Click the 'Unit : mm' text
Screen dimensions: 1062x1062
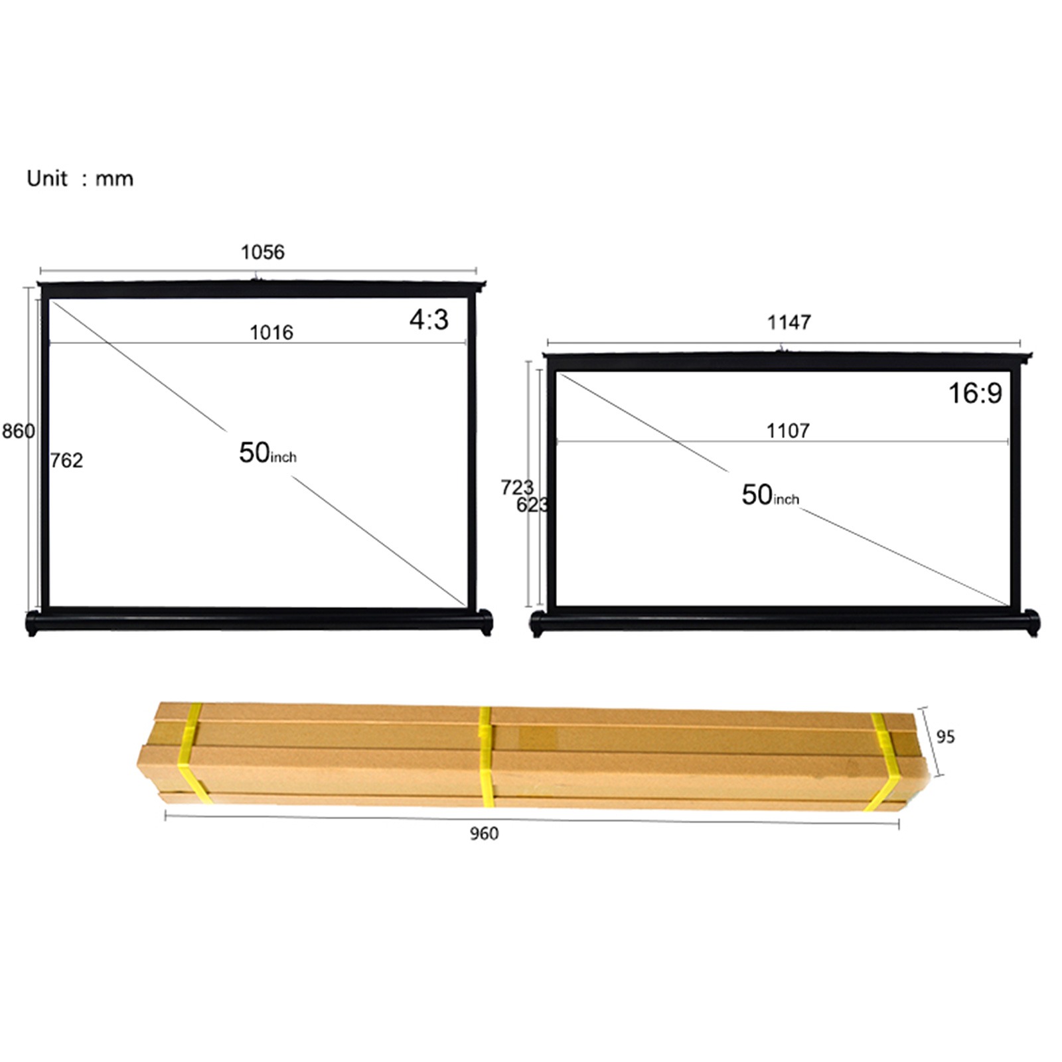click(80, 179)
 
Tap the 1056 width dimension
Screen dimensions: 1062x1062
click(262, 252)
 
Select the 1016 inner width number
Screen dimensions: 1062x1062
click(271, 332)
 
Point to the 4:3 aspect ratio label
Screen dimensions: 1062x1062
click(429, 320)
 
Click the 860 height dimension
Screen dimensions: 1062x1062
click(18, 431)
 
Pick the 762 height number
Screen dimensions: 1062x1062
click(66, 460)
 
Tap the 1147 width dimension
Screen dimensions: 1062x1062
click(789, 323)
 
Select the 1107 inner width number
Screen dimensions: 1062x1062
click(788, 431)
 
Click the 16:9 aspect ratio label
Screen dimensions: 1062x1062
click(975, 393)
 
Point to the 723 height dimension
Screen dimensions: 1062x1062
click(516, 487)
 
